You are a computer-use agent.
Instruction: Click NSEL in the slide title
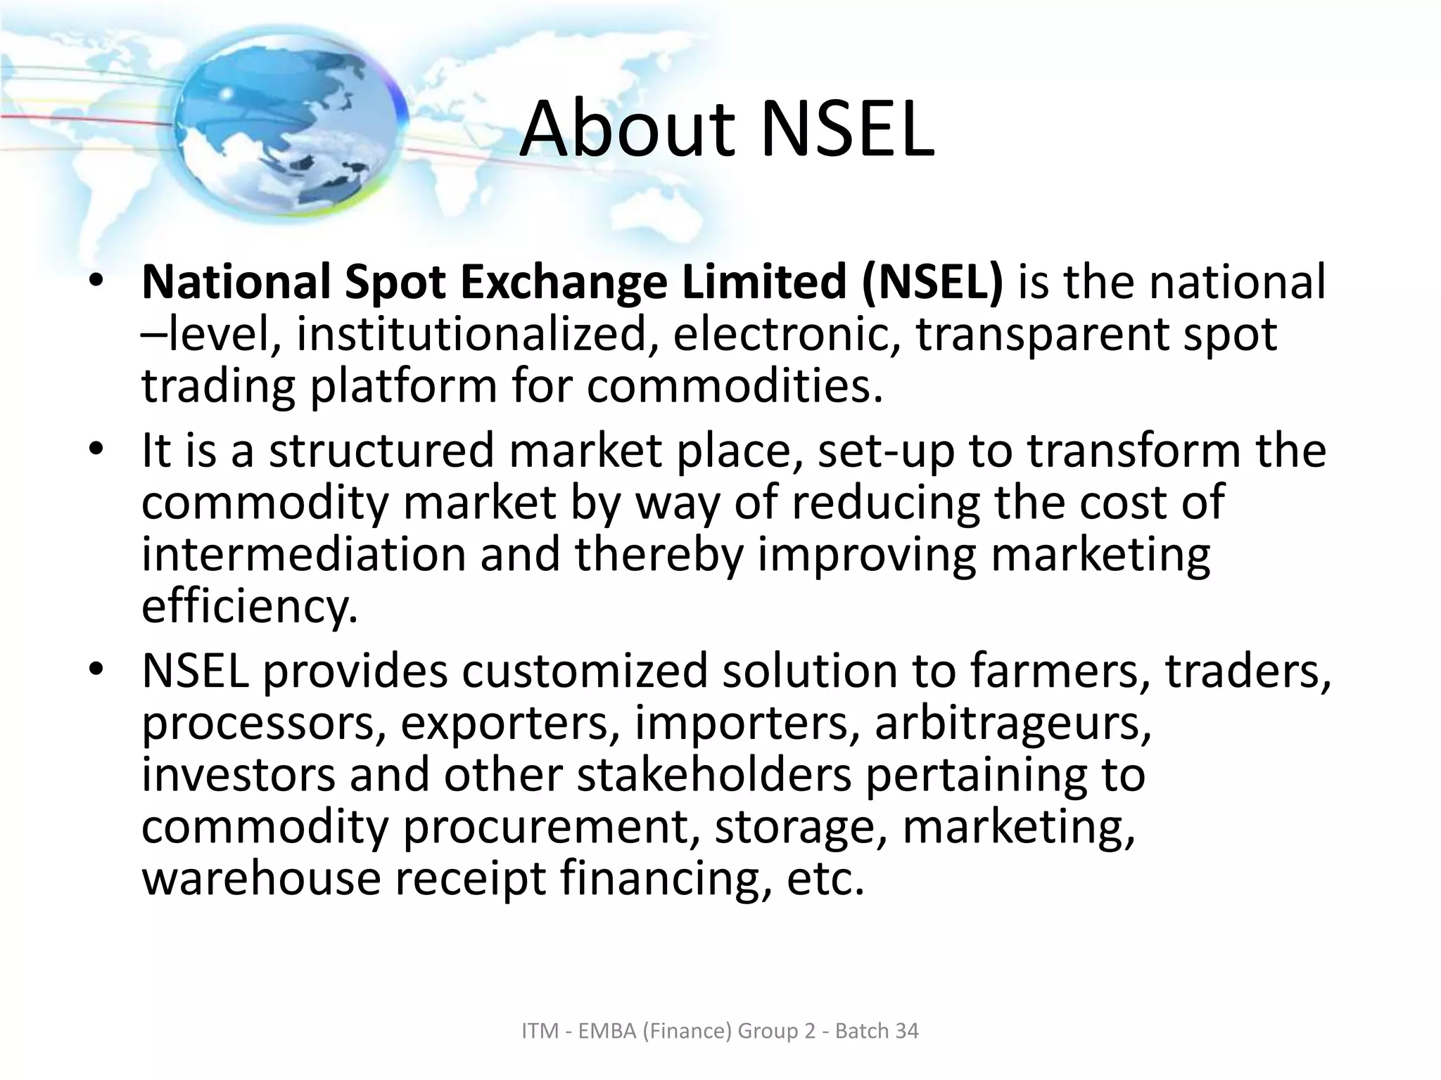tap(847, 131)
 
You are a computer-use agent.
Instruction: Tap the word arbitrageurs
tap(1012, 724)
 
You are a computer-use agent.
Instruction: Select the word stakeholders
tap(713, 775)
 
